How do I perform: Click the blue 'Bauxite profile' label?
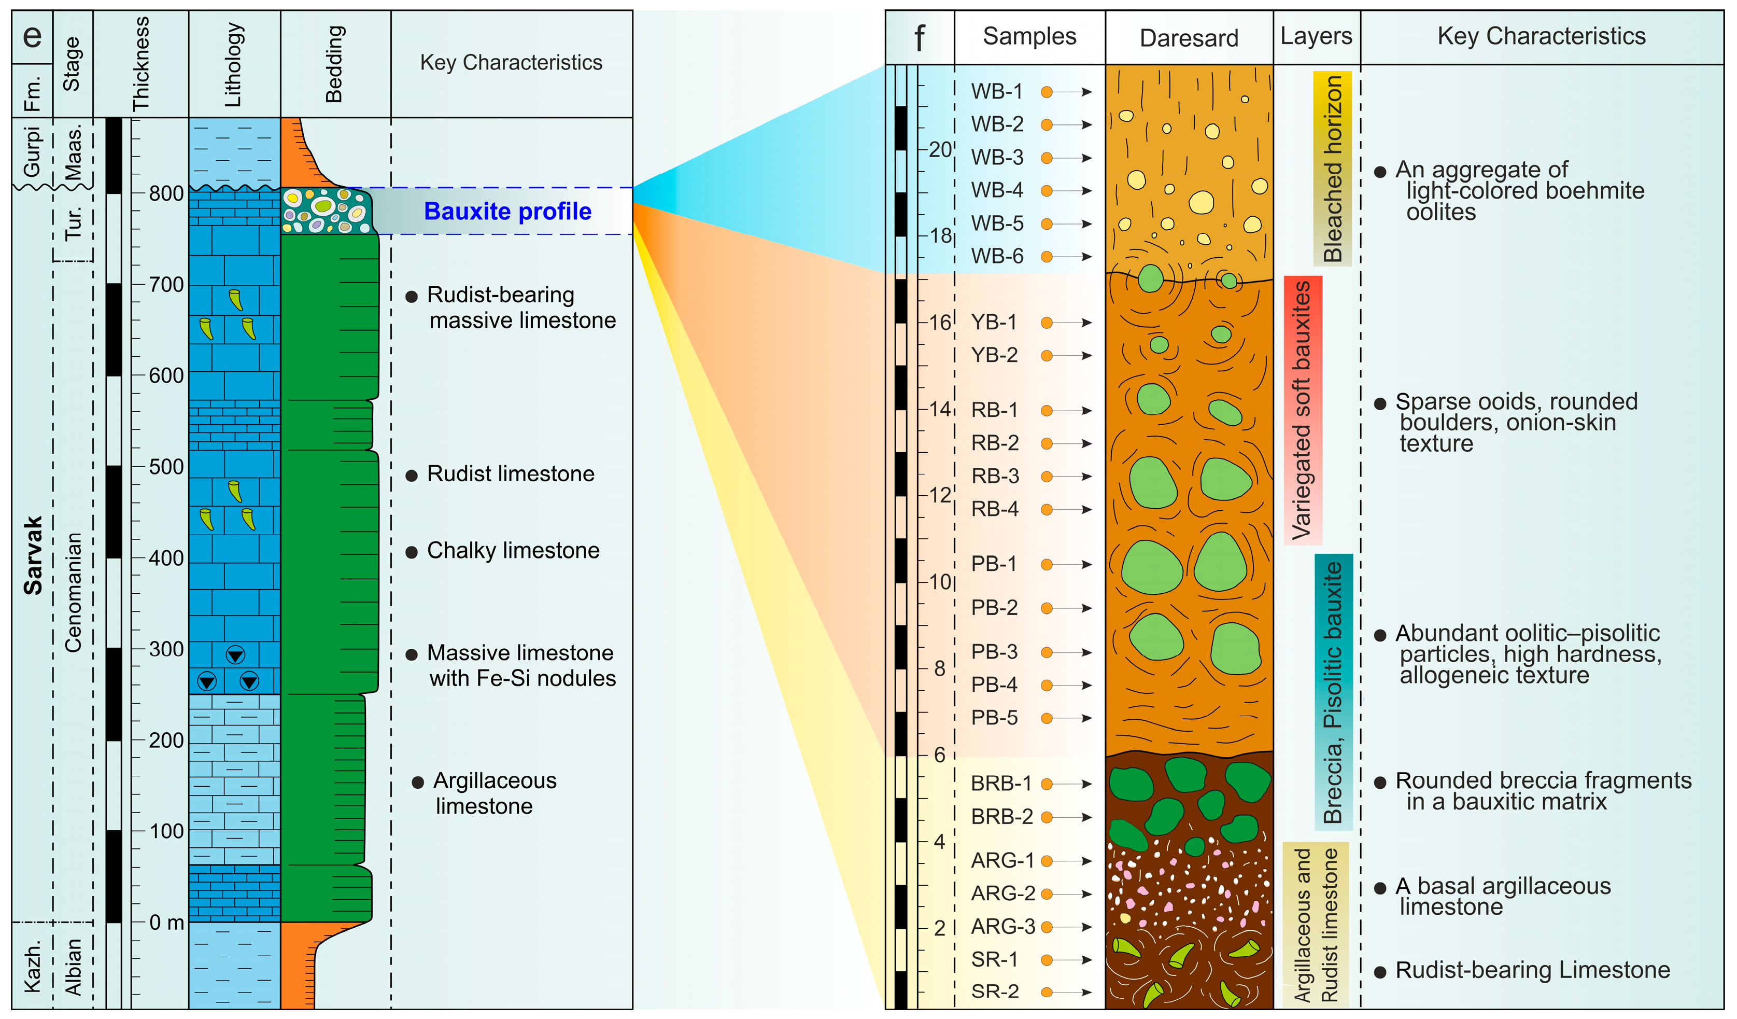point(507,211)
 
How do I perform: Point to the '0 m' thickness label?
point(166,923)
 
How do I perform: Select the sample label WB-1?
point(997,92)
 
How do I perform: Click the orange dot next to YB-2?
point(1047,356)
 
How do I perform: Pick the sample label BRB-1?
point(1001,784)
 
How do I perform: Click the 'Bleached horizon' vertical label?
point(1332,169)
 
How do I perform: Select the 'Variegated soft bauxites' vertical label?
point(1302,410)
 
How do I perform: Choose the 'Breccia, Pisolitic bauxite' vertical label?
point(1333,692)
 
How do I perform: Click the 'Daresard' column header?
point(1189,38)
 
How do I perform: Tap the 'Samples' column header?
point(1029,36)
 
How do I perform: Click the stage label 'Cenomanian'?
point(73,593)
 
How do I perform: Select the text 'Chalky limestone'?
point(513,551)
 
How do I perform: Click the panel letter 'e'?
point(32,36)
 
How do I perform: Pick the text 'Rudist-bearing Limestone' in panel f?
point(1532,970)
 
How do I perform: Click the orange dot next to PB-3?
point(1047,652)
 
